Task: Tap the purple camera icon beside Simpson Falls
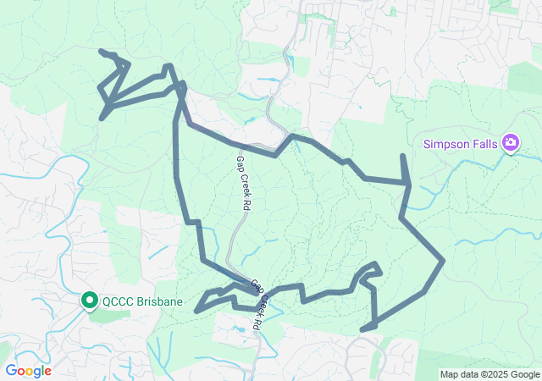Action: (510, 142)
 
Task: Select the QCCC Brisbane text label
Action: (138, 301)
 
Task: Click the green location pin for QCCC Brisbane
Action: (89, 301)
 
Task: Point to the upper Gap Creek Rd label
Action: (244, 183)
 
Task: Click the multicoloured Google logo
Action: (28, 371)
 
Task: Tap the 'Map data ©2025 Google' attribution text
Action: (489, 374)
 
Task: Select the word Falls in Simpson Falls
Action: (484, 142)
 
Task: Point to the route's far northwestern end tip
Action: (101, 52)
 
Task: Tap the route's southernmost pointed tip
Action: (362, 329)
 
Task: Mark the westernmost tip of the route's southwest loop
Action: (196, 311)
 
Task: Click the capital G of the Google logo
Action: (11, 371)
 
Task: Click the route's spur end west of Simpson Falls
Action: (402, 156)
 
